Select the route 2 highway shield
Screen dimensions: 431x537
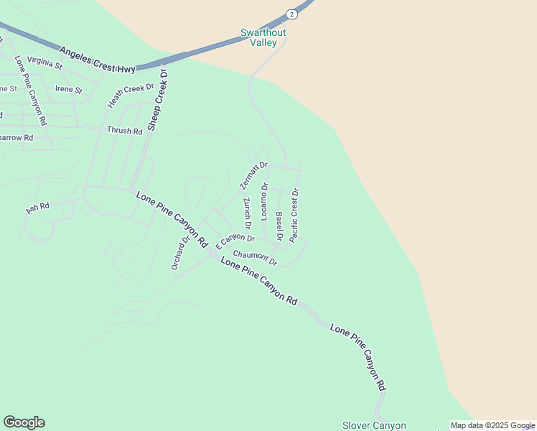point(290,14)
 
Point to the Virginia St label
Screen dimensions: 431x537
point(45,62)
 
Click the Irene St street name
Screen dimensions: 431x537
point(69,90)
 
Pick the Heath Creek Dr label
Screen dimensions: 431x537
point(131,96)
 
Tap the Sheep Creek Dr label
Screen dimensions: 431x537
point(157,99)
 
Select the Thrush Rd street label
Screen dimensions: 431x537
point(124,131)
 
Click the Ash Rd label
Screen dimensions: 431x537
point(37,208)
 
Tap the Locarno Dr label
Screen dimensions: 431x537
point(264,201)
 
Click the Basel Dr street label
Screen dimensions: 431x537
point(279,226)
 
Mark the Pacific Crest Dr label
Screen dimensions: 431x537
point(294,214)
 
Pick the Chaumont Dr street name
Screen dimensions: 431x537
point(255,256)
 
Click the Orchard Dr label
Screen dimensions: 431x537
point(179,253)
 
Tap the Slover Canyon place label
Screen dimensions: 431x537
point(374,425)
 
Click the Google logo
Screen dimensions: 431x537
point(24,422)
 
